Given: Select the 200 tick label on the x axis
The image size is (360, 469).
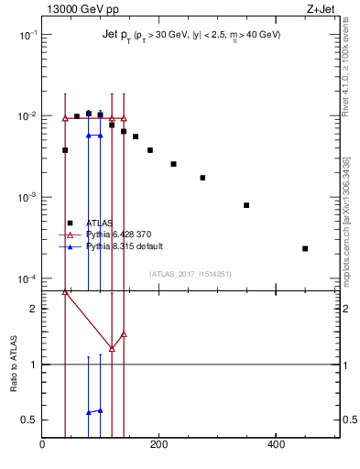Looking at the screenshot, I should click(x=159, y=446).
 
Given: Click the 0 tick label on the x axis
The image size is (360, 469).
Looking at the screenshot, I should click(x=42, y=446).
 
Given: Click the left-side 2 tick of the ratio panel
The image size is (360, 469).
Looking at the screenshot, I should click(x=34, y=309).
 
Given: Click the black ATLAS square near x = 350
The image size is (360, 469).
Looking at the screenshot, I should click(x=246, y=205).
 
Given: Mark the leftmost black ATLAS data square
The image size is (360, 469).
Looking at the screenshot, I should click(x=65, y=150).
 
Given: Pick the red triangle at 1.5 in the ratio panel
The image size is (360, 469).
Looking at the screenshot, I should click(x=124, y=334).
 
